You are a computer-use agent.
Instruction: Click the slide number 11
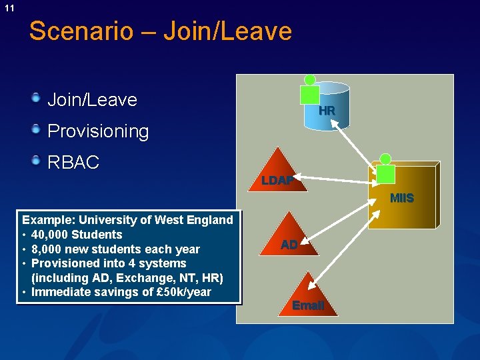pos(9,8)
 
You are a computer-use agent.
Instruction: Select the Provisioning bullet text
pos(98,131)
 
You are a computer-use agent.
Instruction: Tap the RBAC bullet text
pos(73,162)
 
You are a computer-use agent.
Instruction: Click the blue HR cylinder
pos(328,110)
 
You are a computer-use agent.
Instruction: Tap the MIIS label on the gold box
pos(401,198)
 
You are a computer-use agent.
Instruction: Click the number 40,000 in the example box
pos(49,235)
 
